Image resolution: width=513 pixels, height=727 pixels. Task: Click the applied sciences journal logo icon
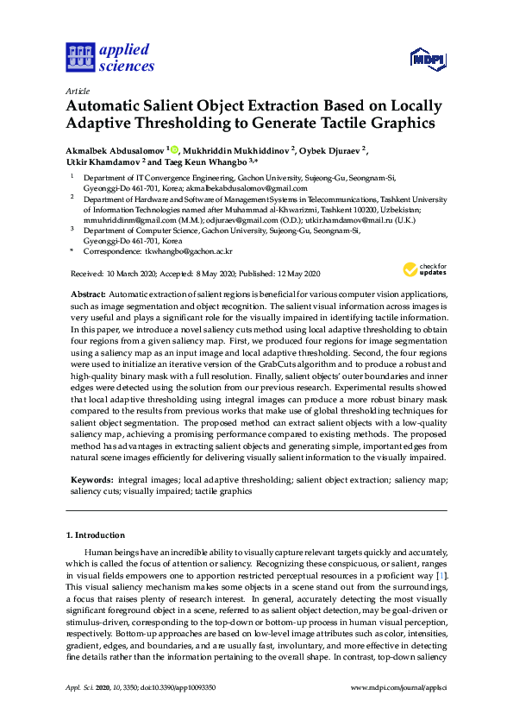(x=78, y=57)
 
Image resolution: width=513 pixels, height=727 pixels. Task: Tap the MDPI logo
(x=429, y=59)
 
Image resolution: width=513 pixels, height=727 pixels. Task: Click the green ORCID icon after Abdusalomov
(x=173, y=149)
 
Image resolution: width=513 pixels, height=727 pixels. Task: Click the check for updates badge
(x=422, y=269)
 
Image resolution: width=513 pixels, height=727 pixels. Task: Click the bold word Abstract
(x=88, y=294)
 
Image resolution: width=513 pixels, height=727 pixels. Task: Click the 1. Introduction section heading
(x=99, y=534)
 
